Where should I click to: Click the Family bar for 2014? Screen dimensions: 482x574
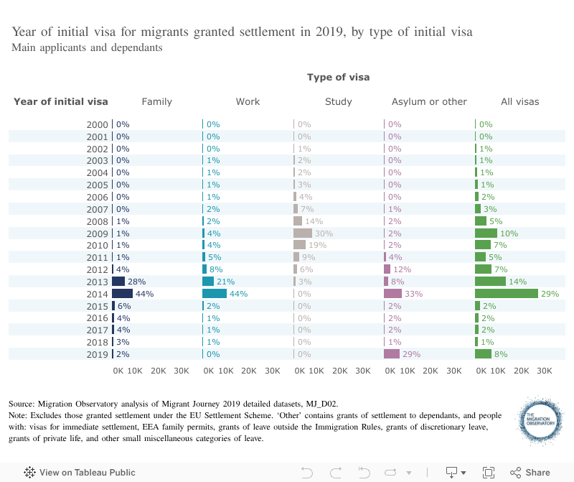click(122, 293)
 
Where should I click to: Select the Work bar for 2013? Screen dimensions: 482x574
click(208, 282)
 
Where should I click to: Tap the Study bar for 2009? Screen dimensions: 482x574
click(303, 233)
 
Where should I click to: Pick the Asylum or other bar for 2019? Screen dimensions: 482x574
click(392, 353)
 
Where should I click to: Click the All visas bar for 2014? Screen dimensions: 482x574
click(507, 293)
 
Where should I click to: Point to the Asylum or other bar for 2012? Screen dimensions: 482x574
click(387, 269)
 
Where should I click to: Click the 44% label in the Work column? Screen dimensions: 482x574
click(238, 294)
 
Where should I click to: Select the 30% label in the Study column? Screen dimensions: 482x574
click(324, 233)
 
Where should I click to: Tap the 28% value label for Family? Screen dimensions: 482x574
click(137, 282)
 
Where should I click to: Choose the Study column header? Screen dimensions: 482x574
click(339, 101)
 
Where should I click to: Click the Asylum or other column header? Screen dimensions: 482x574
click(429, 101)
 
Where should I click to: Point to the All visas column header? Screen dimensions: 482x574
click(519, 101)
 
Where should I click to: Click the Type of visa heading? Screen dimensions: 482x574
click(339, 77)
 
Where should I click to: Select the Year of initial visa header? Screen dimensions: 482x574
click(61, 101)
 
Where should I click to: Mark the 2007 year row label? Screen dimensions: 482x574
click(97, 209)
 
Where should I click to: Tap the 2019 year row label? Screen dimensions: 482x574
click(97, 353)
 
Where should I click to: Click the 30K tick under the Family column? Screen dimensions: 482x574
click(182, 371)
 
